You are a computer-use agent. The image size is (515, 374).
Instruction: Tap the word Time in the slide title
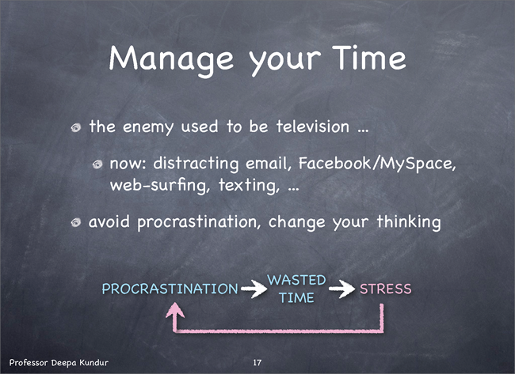click(x=369, y=58)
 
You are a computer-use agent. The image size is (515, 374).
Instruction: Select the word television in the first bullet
click(x=313, y=127)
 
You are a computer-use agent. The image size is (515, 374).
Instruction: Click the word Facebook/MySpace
click(x=377, y=164)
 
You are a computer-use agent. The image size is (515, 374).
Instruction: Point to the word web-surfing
click(x=159, y=185)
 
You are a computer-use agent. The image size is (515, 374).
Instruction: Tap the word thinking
click(x=409, y=222)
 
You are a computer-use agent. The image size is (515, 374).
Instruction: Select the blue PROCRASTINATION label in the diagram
click(x=170, y=289)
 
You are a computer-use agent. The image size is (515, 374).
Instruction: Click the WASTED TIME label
click(x=296, y=289)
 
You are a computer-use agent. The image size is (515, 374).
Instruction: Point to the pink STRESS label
click(x=386, y=289)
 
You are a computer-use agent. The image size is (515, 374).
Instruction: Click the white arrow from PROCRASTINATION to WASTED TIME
click(x=254, y=289)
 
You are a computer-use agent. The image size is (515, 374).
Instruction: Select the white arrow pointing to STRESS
click(x=341, y=289)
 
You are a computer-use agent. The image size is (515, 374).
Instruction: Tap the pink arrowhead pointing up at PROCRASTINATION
click(x=175, y=310)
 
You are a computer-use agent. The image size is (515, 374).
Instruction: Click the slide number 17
click(x=257, y=362)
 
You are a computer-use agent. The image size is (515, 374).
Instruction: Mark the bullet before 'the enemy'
click(x=76, y=128)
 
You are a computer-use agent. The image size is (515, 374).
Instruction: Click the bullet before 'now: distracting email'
click(x=97, y=164)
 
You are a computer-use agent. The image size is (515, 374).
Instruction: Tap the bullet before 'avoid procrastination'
click(x=76, y=223)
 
